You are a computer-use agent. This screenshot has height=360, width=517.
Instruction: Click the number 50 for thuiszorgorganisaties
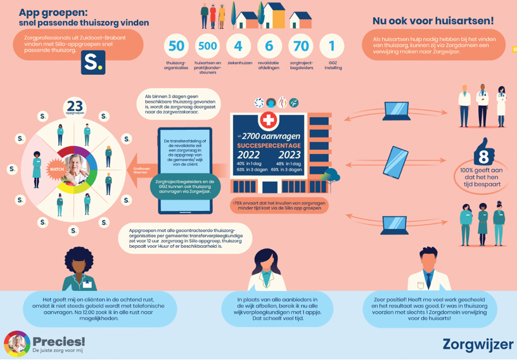(177, 46)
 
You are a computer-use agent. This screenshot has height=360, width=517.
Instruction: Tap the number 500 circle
(207, 46)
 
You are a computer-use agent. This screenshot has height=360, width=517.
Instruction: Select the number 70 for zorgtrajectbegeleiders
(301, 46)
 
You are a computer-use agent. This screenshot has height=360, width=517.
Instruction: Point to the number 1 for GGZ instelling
(332, 46)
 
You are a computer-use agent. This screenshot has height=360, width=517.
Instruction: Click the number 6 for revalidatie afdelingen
(270, 46)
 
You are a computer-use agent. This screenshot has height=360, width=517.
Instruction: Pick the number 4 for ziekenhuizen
(238, 46)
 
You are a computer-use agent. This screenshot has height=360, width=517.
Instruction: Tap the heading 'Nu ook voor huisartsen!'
(433, 21)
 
